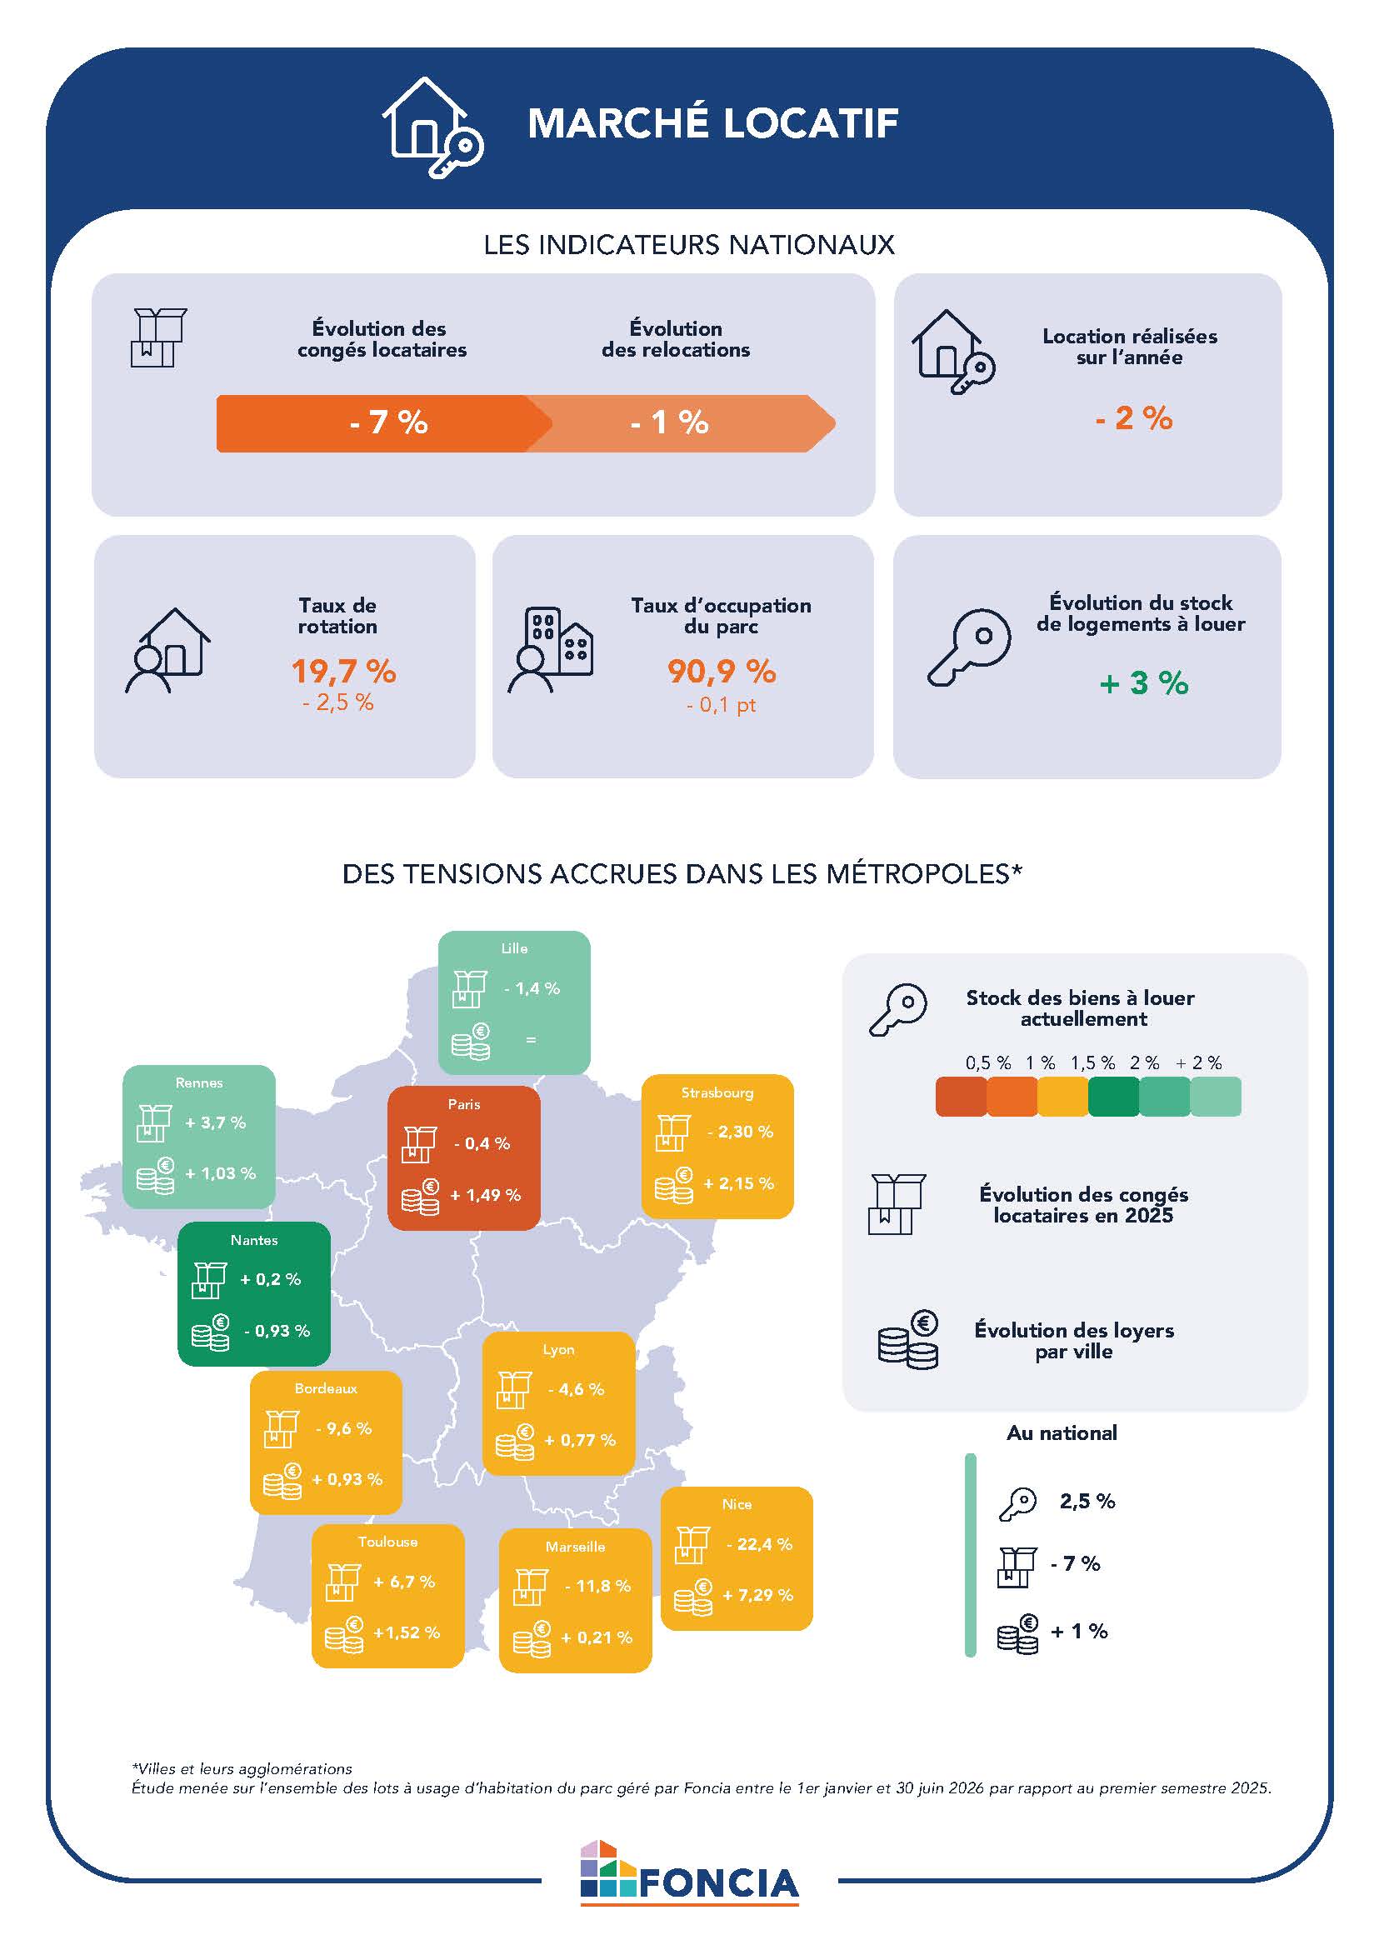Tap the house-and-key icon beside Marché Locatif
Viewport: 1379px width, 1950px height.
click(x=432, y=127)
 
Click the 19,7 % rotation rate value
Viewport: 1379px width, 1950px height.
click(x=344, y=671)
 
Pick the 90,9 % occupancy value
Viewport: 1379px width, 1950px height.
click(x=722, y=671)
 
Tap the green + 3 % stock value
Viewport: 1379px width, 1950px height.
click(x=1144, y=682)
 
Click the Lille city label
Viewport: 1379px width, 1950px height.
click(x=515, y=947)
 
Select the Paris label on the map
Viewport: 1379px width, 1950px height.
click(x=464, y=1104)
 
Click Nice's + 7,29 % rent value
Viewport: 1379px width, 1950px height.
click(x=757, y=1595)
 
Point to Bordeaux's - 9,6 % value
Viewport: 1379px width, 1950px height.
click(x=344, y=1428)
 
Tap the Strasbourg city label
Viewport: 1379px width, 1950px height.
click(x=717, y=1093)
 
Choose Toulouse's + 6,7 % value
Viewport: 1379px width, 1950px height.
click(x=404, y=1582)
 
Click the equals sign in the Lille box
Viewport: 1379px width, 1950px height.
click(x=531, y=1039)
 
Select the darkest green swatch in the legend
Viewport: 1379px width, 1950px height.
click(x=1113, y=1097)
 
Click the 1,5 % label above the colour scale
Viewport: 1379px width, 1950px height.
click(x=1093, y=1062)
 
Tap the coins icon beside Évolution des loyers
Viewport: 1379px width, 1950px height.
click(x=907, y=1339)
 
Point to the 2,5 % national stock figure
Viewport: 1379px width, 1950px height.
click(x=1087, y=1501)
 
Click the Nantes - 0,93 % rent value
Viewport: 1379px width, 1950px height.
click(x=277, y=1331)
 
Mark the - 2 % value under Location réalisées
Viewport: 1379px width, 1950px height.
click(x=1133, y=417)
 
